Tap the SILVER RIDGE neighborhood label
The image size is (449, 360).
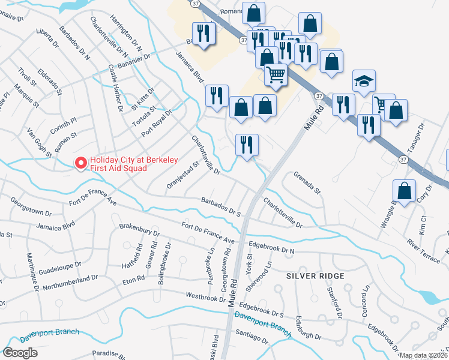point(315,275)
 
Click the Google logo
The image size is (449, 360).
point(20,353)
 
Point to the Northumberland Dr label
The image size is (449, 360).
point(73,280)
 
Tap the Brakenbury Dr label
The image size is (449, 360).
point(139,233)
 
